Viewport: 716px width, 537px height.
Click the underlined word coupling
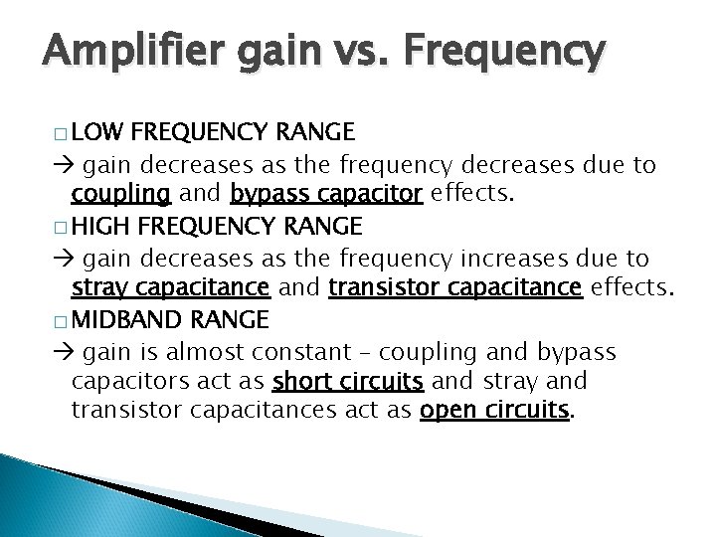120,194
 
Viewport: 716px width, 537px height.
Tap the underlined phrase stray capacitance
170,288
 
